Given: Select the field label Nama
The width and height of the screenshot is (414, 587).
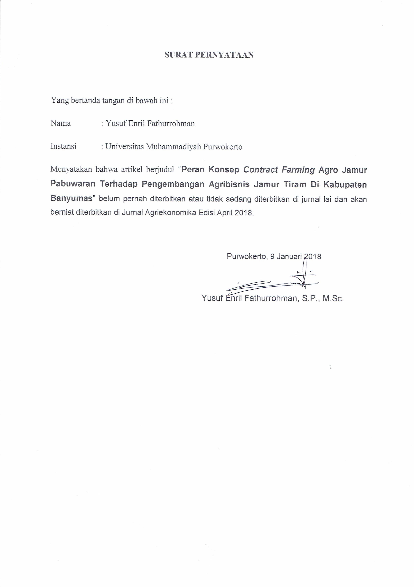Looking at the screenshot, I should (61, 123).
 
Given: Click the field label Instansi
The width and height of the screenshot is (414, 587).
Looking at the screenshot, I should (63, 146).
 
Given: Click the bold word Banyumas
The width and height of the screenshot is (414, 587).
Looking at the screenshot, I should (71, 199).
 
